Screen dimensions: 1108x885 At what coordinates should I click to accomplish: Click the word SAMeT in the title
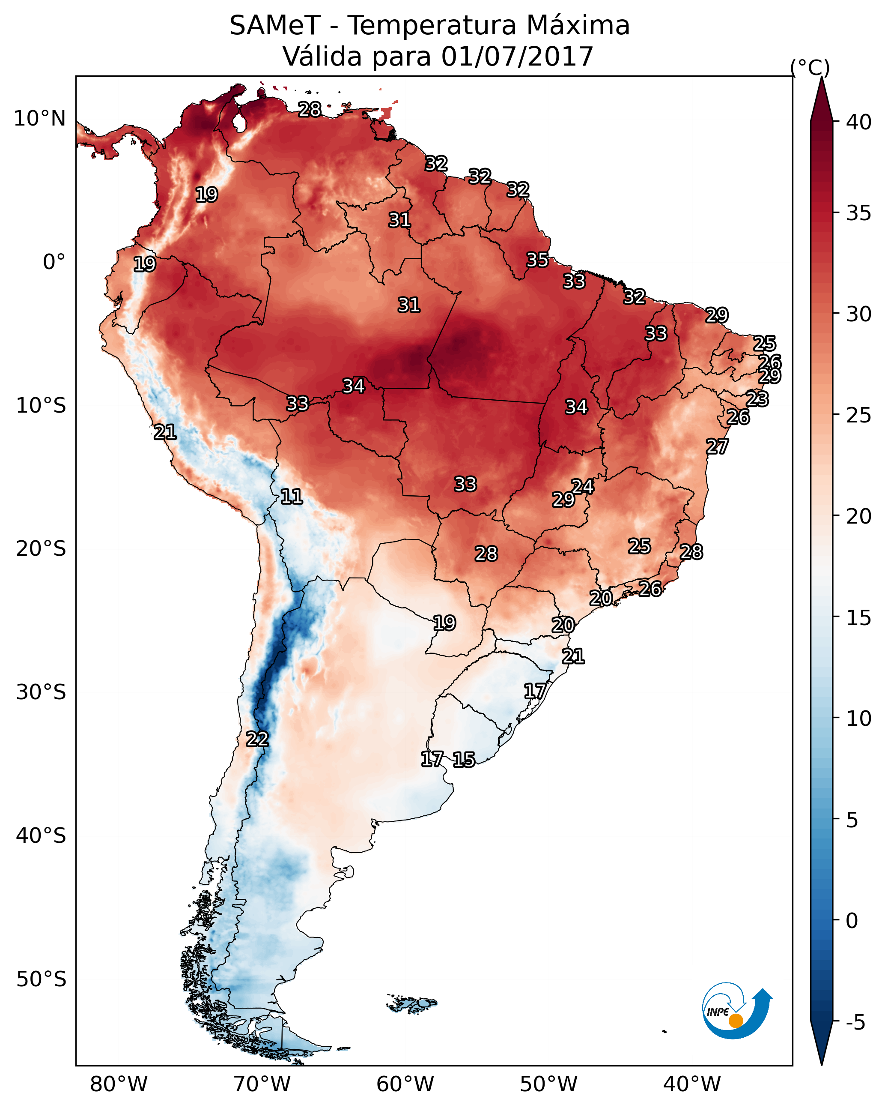[275, 26]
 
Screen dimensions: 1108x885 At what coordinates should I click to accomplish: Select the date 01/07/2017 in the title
[517, 57]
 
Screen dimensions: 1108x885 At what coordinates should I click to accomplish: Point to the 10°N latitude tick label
[39, 119]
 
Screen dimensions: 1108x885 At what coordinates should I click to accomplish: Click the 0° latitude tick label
[54, 262]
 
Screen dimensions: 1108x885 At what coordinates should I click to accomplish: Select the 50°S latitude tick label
[41, 979]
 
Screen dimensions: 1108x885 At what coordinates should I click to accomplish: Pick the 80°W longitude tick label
[119, 1084]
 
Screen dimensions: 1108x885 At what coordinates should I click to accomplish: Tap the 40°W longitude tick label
[692, 1084]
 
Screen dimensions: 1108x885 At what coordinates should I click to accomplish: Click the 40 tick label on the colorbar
[859, 122]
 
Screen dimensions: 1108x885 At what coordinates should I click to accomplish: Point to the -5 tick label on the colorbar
[855, 1023]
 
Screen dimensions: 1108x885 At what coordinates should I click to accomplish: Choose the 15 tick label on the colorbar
[859, 618]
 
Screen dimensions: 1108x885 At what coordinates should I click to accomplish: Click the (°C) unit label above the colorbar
[810, 67]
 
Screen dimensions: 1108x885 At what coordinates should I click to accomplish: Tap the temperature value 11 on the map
[291, 497]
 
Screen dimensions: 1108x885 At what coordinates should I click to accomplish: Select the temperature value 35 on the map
[537, 260]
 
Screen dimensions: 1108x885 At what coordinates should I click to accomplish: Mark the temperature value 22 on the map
[257, 739]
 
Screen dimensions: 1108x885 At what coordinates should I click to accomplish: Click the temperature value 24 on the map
[582, 487]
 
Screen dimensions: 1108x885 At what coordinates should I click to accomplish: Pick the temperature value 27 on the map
[717, 446]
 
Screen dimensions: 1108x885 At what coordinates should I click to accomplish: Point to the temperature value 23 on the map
[757, 399]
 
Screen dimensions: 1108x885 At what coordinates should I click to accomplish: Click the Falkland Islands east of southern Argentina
[412, 1003]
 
